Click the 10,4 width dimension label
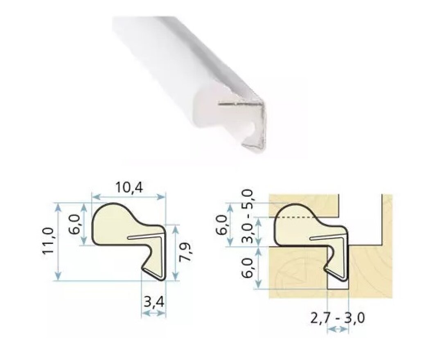point(129,187)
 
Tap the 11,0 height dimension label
point(48,241)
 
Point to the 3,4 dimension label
point(154,302)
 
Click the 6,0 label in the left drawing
point(74,225)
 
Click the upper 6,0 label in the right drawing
point(221,225)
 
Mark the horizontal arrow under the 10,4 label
point(129,197)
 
